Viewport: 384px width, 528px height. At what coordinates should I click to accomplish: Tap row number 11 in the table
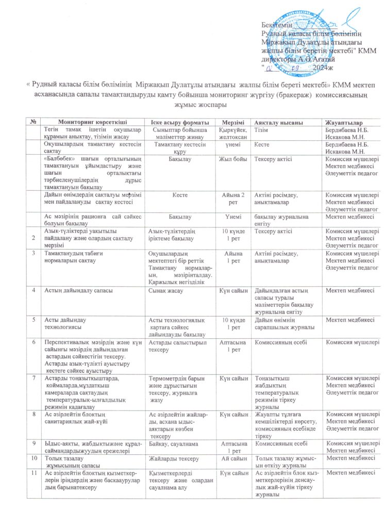pyautogui.click(x=35, y=473)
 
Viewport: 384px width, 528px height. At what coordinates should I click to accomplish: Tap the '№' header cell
pyautogui.click(x=34, y=122)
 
